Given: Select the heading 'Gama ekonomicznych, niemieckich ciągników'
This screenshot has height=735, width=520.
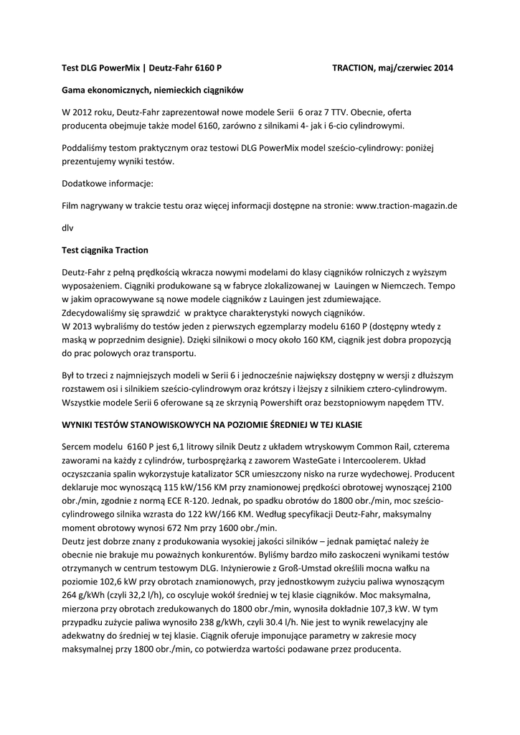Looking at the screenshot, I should pos(152,90).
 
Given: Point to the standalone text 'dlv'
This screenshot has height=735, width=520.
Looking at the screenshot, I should pos(67,228).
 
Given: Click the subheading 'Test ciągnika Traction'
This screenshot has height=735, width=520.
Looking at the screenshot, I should pos(105,250).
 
